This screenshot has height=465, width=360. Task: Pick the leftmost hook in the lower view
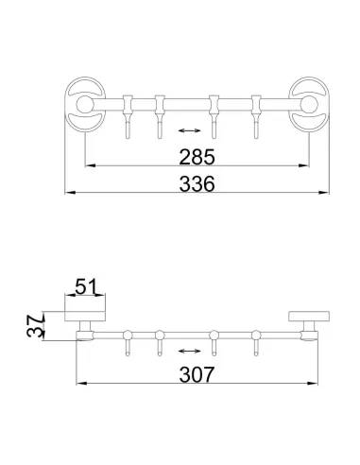(x=127, y=341)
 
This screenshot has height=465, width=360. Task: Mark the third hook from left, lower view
(x=214, y=341)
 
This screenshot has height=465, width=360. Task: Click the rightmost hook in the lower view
(x=253, y=341)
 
